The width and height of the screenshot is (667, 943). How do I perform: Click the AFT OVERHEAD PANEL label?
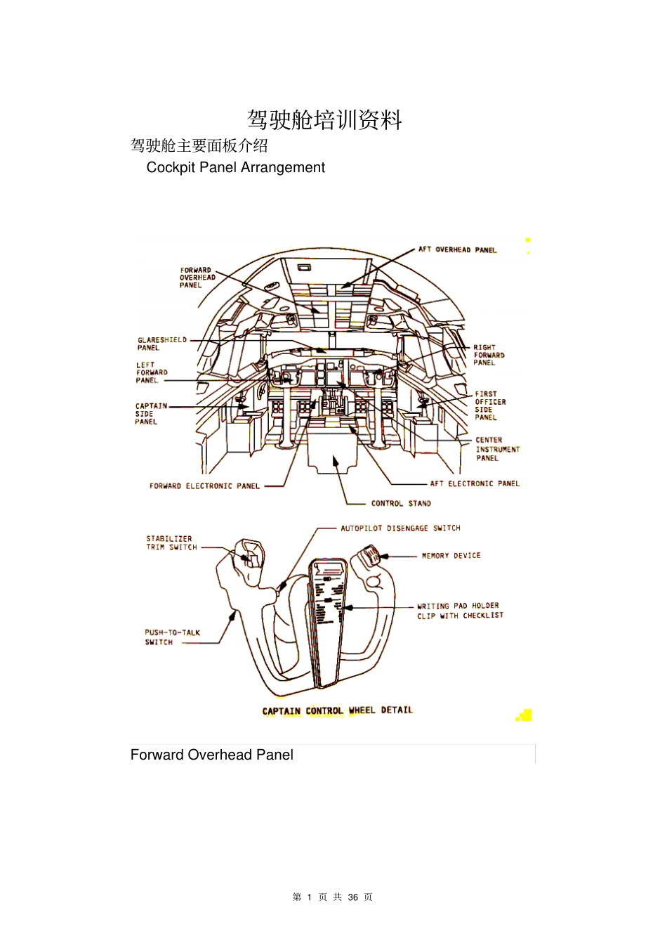pos(457,249)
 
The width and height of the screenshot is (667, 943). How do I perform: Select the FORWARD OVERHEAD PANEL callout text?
pos(197,278)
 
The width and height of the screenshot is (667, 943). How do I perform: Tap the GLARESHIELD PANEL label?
pos(162,344)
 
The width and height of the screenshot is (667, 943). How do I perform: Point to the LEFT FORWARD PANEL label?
pos(152,372)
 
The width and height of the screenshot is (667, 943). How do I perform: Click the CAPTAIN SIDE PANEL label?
pos(151,413)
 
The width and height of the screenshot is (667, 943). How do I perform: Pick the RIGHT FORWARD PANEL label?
pos(489,355)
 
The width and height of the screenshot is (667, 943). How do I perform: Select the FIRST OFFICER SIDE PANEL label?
pos(490,405)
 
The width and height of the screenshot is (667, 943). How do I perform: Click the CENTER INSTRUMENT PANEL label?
pos(498,449)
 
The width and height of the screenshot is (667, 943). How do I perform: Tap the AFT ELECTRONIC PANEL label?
pos(475,483)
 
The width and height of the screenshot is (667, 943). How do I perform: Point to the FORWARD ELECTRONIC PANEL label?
pos(204,486)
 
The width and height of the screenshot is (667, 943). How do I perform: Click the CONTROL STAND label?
pos(401,503)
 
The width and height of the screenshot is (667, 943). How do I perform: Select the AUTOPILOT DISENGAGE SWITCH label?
pos(400,528)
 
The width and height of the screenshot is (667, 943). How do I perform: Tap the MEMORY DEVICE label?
pos(451,556)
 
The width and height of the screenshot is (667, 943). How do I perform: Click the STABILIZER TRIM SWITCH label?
pos(171,543)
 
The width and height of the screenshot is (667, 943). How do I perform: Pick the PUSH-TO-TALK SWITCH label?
pos(173,637)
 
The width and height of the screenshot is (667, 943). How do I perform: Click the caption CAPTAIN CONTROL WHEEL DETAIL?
pos(337,710)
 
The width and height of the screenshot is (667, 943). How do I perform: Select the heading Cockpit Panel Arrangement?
pos(235,167)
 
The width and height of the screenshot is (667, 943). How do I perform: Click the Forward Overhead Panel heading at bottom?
pos(211,755)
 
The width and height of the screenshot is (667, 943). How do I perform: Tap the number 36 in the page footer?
pos(353,897)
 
